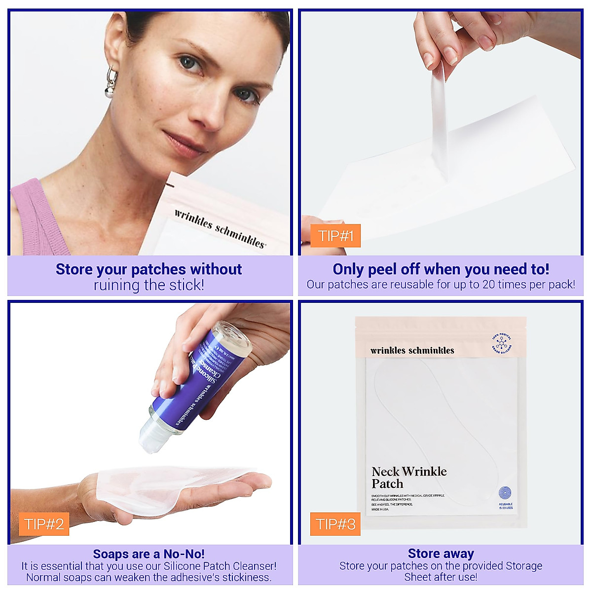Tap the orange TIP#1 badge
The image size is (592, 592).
[335, 236]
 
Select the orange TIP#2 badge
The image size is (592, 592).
[44, 524]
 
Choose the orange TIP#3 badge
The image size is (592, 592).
[335, 524]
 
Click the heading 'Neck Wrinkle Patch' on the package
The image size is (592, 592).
[409, 477]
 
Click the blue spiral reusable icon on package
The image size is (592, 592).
[505, 493]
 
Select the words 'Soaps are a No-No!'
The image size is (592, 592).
[148, 554]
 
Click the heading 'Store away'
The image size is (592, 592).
[441, 554]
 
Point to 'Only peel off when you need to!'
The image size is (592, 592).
[441, 269]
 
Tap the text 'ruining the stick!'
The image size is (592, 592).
[148, 285]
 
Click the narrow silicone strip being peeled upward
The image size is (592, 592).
[439, 123]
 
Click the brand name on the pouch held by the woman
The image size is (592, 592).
[220, 228]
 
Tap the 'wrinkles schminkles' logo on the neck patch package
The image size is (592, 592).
[412, 351]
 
